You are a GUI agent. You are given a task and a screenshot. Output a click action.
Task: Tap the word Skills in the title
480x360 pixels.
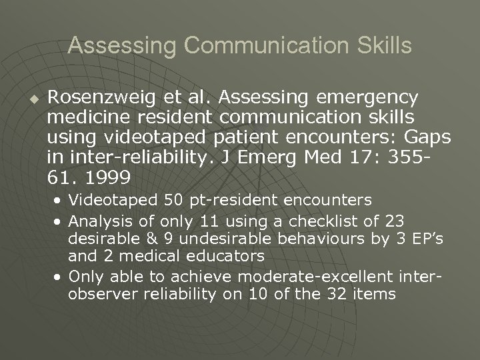tap(384, 46)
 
